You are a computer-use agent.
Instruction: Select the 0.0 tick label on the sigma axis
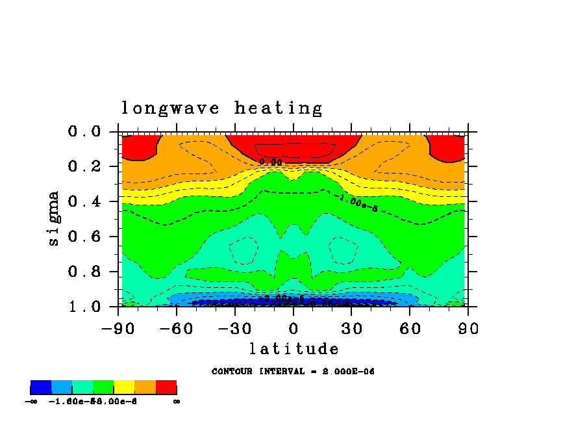click(x=84, y=131)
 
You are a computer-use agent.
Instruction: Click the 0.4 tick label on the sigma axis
click(x=84, y=201)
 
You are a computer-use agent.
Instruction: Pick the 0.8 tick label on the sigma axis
click(x=84, y=272)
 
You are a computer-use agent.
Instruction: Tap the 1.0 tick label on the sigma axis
click(x=84, y=306)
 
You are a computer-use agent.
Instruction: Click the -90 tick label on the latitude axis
click(x=118, y=328)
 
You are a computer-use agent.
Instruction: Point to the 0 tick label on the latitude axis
click(x=293, y=328)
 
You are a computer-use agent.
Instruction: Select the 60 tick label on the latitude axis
click(x=410, y=328)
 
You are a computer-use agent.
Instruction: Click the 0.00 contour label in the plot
click(x=270, y=162)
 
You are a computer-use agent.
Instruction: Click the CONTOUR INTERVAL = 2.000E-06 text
click(x=293, y=372)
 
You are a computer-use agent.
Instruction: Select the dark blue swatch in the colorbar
click(x=41, y=388)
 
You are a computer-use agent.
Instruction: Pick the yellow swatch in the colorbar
click(x=124, y=388)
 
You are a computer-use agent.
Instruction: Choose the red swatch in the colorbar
click(x=166, y=388)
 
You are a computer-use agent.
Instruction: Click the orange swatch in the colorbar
click(x=145, y=388)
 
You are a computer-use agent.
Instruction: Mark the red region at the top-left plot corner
click(x=138, y=146)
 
